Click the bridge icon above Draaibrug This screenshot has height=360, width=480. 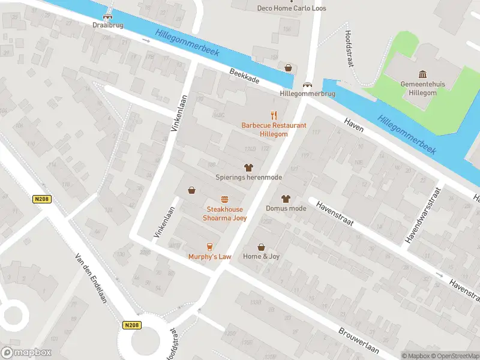[x=107, y=16]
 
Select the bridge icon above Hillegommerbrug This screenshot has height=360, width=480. [x=308, y=85]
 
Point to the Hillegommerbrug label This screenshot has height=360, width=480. [x=307, y=94]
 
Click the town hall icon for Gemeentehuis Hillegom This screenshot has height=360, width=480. [x=423, y=74]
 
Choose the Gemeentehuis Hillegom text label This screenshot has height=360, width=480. [x=423, y=88]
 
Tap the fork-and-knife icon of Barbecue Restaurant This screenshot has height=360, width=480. [x=274, y=116]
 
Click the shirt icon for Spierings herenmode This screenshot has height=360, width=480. [x=248, y=168]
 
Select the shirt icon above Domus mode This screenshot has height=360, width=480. [x=286, y=199]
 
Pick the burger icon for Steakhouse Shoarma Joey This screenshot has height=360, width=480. [x=224, y=199]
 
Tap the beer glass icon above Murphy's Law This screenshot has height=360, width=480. [x=209, y=247]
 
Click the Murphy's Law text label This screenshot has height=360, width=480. [x=209, y=257]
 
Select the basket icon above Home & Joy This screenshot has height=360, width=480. [x=262, y=247]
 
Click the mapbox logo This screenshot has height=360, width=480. [x=26, y=352]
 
